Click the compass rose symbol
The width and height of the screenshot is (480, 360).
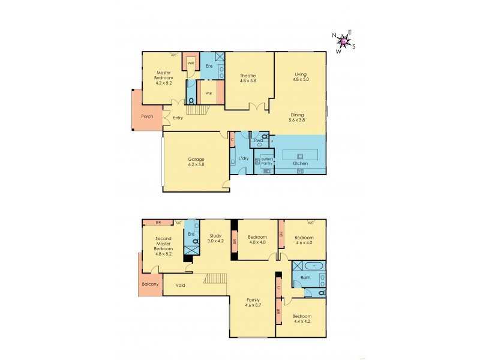coord(343,41)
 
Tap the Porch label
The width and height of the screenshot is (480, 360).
coord(147,116)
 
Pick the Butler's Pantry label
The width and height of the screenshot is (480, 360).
coord(266,161)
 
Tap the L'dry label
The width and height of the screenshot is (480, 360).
coord(243,158)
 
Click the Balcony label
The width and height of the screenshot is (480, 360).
coord(150,284)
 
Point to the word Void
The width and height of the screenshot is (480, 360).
coord(180,285)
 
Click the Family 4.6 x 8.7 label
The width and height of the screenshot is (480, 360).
coord(252,302)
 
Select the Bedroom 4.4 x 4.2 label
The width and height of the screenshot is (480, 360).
coord(302,319)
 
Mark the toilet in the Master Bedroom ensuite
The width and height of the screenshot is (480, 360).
coord(191,101)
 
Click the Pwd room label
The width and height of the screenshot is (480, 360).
coord(258,140)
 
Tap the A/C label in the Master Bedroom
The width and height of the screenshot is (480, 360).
coord(174,55)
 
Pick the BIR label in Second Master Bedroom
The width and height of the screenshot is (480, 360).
coord(158,223)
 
